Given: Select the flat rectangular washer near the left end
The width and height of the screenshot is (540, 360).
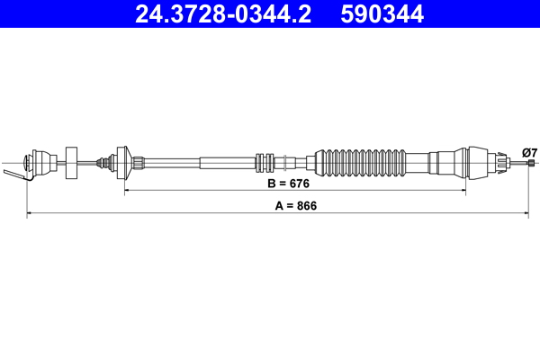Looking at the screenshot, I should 73,163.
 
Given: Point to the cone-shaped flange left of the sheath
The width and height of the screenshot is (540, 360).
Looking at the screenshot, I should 129,163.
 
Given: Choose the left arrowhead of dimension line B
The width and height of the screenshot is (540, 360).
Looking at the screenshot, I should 127,191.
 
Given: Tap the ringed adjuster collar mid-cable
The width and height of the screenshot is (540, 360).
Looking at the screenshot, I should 265,163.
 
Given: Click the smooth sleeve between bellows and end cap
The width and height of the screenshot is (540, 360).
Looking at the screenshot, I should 423,163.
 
